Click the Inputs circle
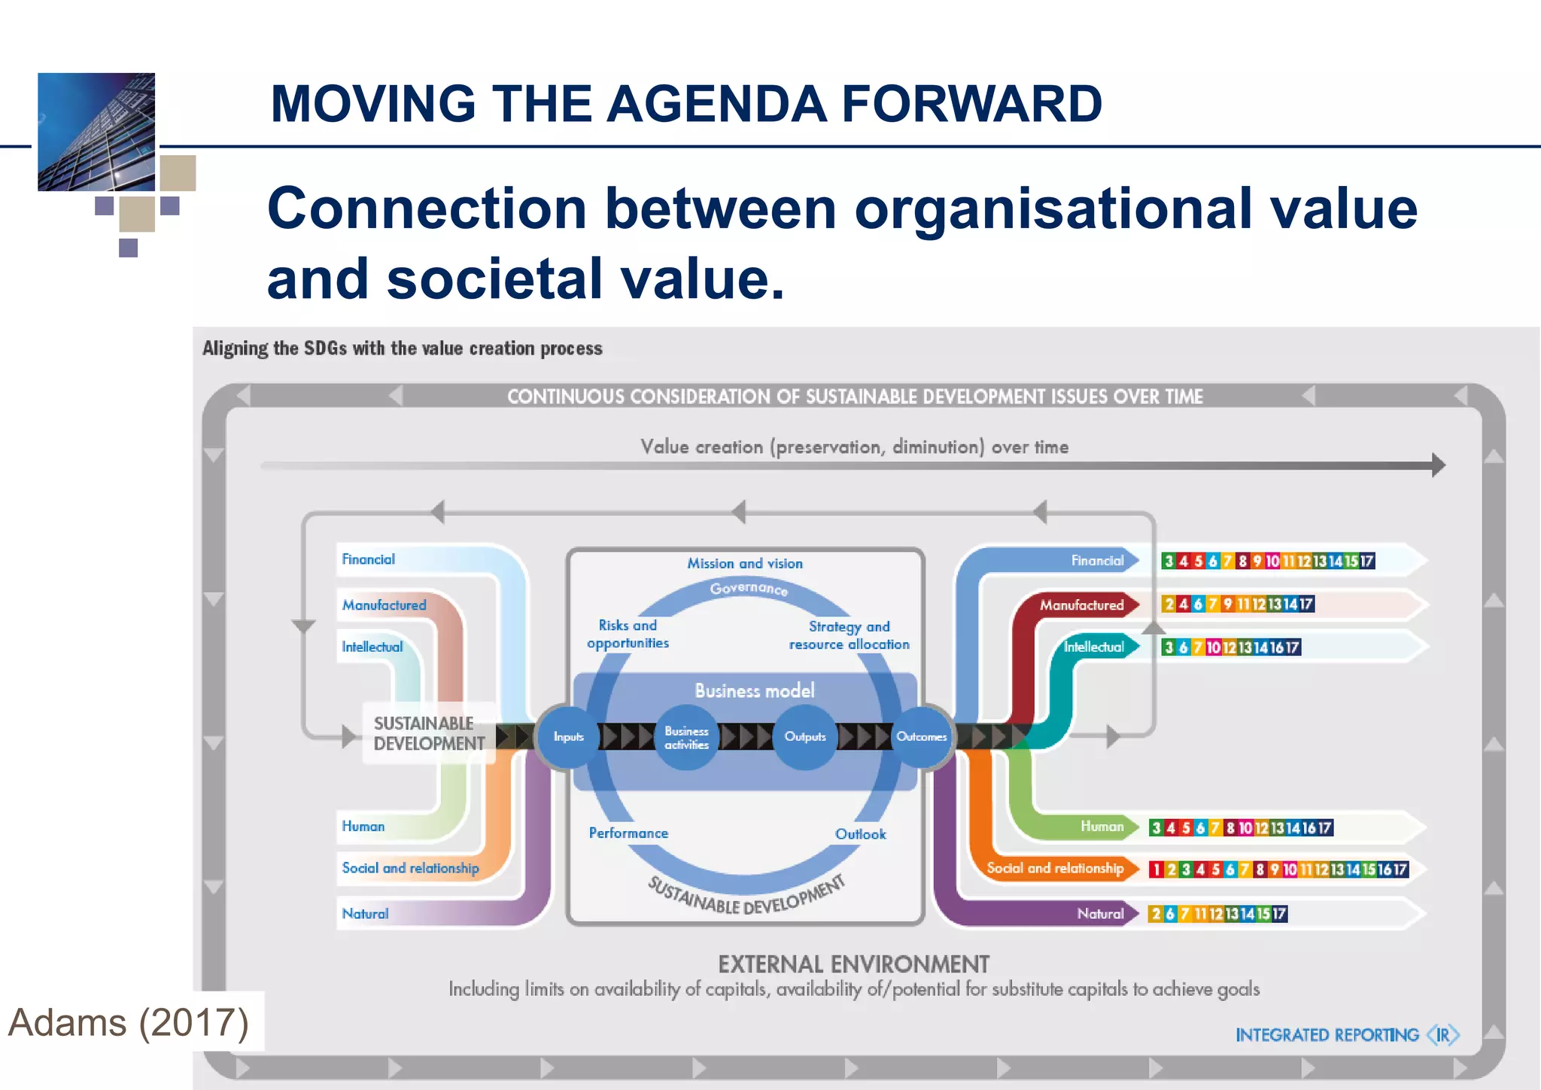[568, 737]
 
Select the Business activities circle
[686, 738]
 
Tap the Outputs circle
[805, 737]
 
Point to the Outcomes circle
[921, 737]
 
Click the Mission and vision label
[745, 563]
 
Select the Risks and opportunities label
[628, 634]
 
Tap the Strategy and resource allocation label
[849, 635]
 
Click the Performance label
[628, 833]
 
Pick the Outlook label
[860, 834]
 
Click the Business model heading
[755, 690]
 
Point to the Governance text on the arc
[749, 588]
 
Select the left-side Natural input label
[365, 914]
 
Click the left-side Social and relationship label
[410, 868]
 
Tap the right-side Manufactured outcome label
[1081, 604]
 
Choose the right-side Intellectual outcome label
[1093, 647]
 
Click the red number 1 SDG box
[1156, 869]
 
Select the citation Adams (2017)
[128, 1022]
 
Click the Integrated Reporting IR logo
[1347, 1035]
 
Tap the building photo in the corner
[96, 132]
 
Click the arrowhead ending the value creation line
[1438, 465]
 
